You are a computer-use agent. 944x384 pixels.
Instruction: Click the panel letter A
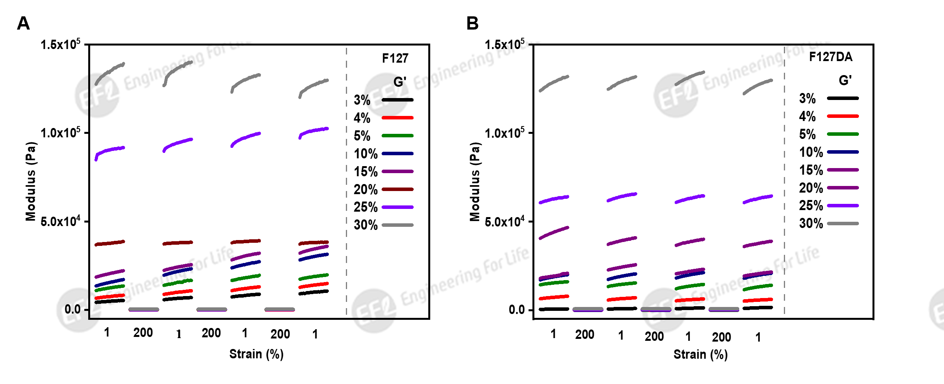(x=23, y=23)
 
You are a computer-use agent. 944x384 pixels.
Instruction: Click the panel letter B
(x=472, y=23)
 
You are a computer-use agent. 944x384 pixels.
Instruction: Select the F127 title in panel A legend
(x=395, y=58)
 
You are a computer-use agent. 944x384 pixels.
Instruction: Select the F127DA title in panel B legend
(x=831, y=57)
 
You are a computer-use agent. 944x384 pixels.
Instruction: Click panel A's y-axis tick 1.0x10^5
(x=60, y=133)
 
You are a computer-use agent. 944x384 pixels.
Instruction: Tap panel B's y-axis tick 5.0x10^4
(x=504, y=221)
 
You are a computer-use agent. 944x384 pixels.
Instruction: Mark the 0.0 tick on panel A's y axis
(x=72, y=309)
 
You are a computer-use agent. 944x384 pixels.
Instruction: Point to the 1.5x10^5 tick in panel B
(x=504, y=44)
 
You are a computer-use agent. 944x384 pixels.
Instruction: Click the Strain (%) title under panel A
(x=256, y=354)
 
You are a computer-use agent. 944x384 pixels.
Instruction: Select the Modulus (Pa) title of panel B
(x=475, y=182)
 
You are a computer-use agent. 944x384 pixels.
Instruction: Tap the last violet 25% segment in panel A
(x=314, y=132)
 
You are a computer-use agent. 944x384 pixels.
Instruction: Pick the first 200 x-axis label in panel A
(x=143, y=333)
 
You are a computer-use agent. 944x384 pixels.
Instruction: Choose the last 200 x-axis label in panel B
(x=721, y=337)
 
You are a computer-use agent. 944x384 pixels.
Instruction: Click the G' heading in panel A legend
(x=400, y=82)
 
